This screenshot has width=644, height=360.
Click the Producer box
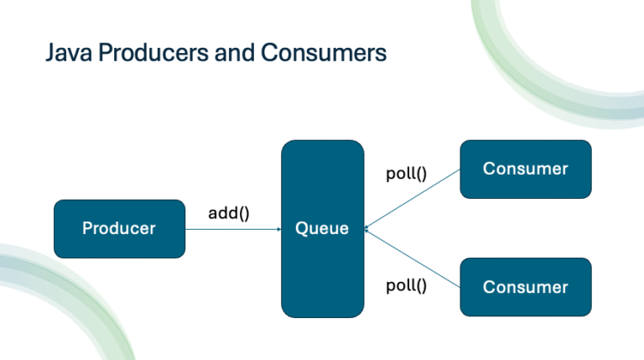(x=118, y=228)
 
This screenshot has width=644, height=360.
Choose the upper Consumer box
(x=525, y=169)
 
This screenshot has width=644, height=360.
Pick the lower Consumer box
(x=525, y=287)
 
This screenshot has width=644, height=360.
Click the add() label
(x=229, y=213)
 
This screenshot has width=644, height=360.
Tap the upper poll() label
(x=406, y=175)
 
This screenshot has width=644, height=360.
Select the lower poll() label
(x=406, y=285)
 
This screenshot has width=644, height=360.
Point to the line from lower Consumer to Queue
(x=415, y=258)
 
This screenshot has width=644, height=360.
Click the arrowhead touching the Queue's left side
(x=278, y=228)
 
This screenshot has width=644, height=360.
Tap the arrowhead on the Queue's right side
(x=367, y=227)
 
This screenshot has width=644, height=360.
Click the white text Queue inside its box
(x=322, y=228)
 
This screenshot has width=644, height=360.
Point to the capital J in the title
(x=49, y=54)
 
